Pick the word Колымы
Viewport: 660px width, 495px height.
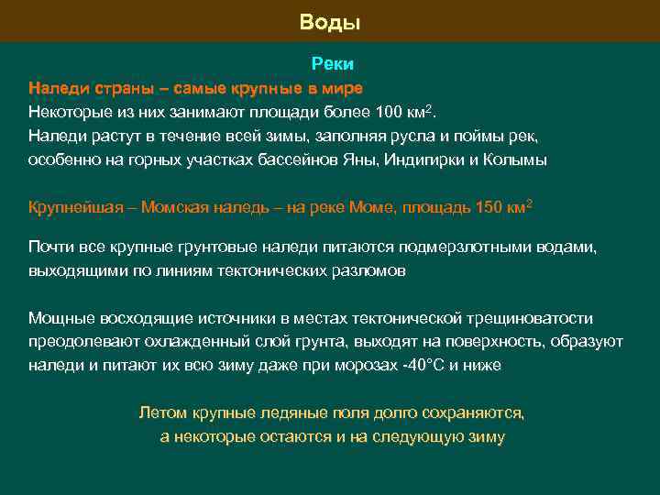(518, 159)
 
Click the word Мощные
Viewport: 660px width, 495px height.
(58, 318)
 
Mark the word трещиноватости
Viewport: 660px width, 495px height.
(530, 318)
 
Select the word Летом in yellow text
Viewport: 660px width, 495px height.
(159, 412)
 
